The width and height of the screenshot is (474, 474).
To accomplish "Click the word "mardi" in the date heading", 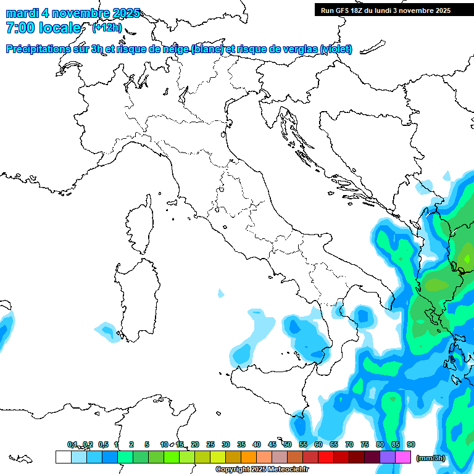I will point(22,14).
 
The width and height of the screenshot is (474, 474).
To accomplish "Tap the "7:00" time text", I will point(19,28).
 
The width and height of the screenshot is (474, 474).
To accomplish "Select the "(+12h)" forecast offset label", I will point(107,28).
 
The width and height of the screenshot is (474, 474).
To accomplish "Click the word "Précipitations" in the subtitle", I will point(41,49).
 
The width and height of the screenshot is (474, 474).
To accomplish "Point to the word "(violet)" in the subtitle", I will point(336,49).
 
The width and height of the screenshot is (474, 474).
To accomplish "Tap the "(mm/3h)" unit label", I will point(430,458).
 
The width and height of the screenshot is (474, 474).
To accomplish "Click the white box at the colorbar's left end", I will point(63,457).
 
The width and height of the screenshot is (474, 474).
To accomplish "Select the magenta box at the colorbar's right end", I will point(404,457).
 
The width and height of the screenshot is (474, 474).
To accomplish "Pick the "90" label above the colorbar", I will point(411,445).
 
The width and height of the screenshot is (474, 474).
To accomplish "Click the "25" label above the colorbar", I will point(210,445).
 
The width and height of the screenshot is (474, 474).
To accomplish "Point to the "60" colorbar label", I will point(318,445).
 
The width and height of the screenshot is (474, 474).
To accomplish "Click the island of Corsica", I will point(139,226).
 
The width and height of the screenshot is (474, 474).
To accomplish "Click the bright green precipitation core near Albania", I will point(467,257).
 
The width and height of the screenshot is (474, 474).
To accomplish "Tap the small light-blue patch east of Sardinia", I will point(221,293).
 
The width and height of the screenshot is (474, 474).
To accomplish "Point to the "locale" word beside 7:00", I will point(59,28).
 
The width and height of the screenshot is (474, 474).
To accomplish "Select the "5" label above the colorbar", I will point(147,445).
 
